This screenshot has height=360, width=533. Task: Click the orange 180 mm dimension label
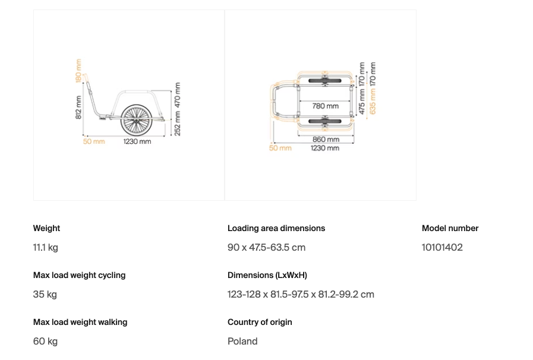(x=78, y=71)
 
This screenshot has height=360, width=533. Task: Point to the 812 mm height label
(x=78, y=108)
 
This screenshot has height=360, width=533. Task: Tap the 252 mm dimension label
(x=177, y=124)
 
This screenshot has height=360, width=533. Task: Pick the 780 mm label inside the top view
(x=325, y=106)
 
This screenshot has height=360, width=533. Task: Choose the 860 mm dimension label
(x=326, y=140)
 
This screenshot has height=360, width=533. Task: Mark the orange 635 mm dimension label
(x=373, y=102)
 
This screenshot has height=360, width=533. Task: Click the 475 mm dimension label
(x=362, y=102)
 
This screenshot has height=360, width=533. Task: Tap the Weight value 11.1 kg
(x=46, y=248)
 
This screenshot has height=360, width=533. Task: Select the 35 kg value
(x=45, y=295)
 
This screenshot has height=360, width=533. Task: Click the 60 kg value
(x=46, y=342)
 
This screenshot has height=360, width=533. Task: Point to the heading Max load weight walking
(x=80, y=322)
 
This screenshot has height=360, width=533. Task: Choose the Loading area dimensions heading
(x=276, y=228)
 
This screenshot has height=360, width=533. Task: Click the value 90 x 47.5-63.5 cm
(x=266, y=248)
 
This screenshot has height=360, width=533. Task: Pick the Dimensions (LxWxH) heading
(x=267, y=275)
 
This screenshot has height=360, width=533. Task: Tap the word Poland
(x=242, y=342)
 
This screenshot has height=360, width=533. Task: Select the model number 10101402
(x=442, y=248)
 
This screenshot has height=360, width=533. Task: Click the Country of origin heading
(x=260, y=322)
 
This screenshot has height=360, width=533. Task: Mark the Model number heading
(x=450, y=228)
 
